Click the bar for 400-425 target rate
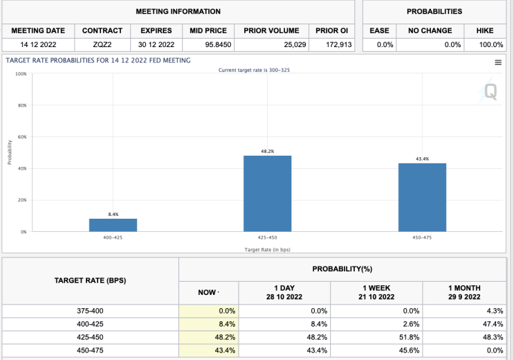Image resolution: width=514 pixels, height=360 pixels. pyautogui.click(x=113, y=225)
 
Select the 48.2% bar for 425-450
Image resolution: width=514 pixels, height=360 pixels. pyautogui.click(x=267, y=193)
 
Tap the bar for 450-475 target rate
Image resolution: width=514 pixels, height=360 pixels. pyautogui.click(x=422, y=197)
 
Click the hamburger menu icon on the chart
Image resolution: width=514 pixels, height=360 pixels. pyautogui.click(x=497, y=62)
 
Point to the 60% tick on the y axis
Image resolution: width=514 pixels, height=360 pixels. pyautogui.click(x=22, y=137)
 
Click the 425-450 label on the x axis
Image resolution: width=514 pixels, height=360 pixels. pyautogui.click(x=267, y=237)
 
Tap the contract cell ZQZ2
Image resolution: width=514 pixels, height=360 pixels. pyautogui.click(x=102, y=45)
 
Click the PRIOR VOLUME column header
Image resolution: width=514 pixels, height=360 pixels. pyautogui.click(x=271, y=30)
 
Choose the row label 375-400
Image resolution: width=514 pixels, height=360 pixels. pyautogui.click(x=90, y=311)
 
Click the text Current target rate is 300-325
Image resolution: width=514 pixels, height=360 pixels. pyautogui.click(x=254, y=70)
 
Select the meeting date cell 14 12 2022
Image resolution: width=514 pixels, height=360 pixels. pyautogui.click(x=38, y=45)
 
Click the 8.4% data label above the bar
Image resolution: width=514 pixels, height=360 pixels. pyautogui.click(x=113, y=215)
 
